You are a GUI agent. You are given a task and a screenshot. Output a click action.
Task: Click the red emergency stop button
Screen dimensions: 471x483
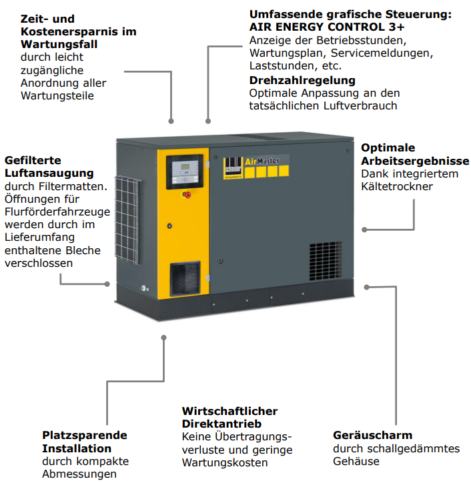point(187,194)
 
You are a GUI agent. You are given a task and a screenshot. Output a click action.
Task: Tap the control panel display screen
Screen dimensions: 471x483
point(185,167)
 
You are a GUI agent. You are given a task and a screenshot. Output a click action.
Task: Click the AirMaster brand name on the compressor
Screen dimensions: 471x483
point(262,161)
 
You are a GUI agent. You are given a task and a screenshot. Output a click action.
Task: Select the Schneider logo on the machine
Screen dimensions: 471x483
point(233,168)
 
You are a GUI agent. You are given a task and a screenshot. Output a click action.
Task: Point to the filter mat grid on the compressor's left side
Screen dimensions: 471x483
point(127,220)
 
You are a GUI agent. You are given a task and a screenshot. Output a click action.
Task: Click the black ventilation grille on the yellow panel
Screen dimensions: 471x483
point(185,278)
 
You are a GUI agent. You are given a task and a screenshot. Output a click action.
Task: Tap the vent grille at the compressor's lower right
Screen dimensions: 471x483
point(326,262)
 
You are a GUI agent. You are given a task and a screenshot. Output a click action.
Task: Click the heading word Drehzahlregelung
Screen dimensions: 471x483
point(302,81)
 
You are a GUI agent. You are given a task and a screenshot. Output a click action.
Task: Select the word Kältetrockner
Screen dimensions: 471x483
point(397,186)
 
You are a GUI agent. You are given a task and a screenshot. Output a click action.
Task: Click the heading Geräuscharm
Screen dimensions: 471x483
point(372,435)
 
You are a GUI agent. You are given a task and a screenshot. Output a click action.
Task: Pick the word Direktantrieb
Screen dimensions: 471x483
point(221,424)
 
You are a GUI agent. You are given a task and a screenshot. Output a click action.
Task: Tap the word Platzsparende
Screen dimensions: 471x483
point(85,435)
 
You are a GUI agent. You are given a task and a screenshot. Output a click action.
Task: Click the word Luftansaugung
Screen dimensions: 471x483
point(49,173)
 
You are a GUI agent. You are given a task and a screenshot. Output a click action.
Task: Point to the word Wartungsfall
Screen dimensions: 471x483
point(59,44)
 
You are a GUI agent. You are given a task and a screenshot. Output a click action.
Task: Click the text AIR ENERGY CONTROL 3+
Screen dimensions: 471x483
point(326,27)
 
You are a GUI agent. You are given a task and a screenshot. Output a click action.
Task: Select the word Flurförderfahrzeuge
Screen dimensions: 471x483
point(57,212)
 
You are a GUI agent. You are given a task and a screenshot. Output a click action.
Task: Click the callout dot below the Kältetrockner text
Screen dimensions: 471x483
point(364,229)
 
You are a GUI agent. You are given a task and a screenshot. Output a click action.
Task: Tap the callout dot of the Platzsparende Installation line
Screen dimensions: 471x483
point(164,338)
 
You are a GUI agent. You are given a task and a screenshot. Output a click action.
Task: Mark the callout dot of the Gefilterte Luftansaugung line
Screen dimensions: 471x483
point(107,284)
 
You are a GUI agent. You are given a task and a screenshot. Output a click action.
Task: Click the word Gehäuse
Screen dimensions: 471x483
point(356,462)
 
